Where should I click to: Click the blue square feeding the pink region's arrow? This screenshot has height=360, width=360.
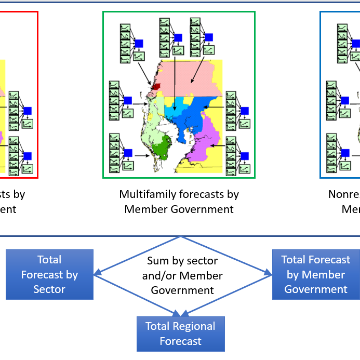209,37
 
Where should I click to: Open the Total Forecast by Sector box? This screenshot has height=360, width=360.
49,274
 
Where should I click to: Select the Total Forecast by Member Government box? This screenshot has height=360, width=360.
316,274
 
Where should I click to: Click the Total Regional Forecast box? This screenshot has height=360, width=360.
180,334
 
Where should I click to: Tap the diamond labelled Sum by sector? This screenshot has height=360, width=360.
182,275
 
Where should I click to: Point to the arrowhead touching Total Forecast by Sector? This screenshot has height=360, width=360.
97,273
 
